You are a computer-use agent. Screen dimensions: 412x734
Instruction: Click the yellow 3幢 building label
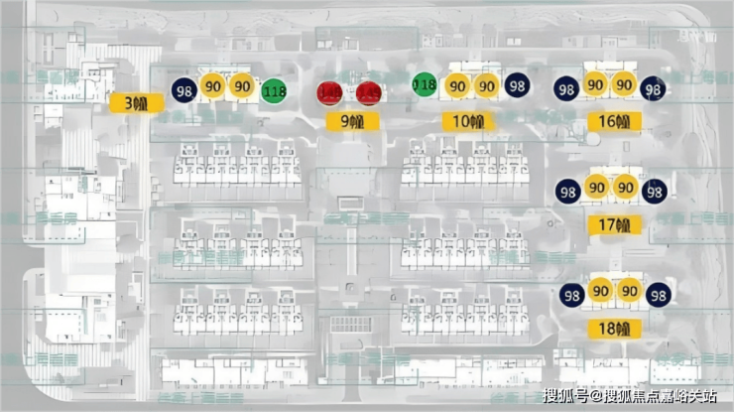tap(130, 102)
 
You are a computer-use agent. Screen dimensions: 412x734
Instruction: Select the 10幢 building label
tap(468, 122)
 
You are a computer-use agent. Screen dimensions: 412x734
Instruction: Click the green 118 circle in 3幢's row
tap(275, 92)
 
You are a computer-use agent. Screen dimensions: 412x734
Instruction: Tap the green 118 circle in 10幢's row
tap(425, 85)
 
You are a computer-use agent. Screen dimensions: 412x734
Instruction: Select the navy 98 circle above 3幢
tap(183, 90)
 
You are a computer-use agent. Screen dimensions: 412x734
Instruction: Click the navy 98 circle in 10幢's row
tap(517, 86)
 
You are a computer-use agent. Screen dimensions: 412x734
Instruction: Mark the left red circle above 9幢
tap(330, 93)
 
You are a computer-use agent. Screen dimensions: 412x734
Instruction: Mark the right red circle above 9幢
tap(368, 93)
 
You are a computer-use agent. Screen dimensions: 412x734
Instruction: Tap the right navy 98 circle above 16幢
tap(653, 89)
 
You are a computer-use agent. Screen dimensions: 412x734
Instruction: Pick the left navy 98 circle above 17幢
tap(567, 191)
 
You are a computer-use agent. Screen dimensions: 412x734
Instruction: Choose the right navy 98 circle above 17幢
tap(654, 191)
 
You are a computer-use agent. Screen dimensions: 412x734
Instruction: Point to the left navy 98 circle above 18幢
tap(571, 295)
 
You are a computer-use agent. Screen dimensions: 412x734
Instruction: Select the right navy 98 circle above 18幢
tap(658, 295)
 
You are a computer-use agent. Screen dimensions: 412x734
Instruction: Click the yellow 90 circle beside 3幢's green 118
tap(241, 86)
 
